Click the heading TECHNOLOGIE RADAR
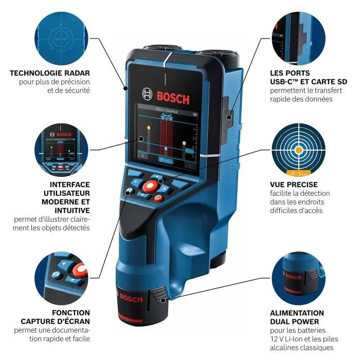point(50,73)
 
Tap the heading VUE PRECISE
point(294,184)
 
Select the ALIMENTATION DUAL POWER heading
point(297,317)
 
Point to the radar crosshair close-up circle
point(61,37)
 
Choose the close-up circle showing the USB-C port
point(298,37)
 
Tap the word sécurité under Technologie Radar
point(74,91)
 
